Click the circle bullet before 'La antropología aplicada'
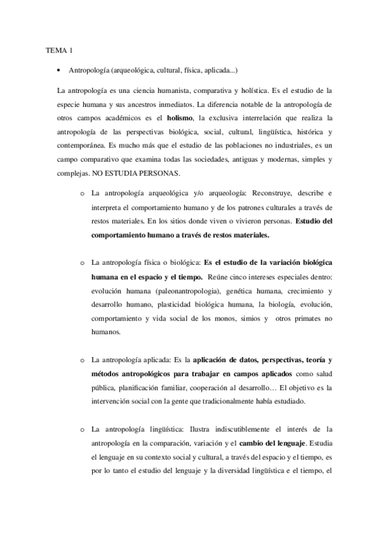pos(82,360)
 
